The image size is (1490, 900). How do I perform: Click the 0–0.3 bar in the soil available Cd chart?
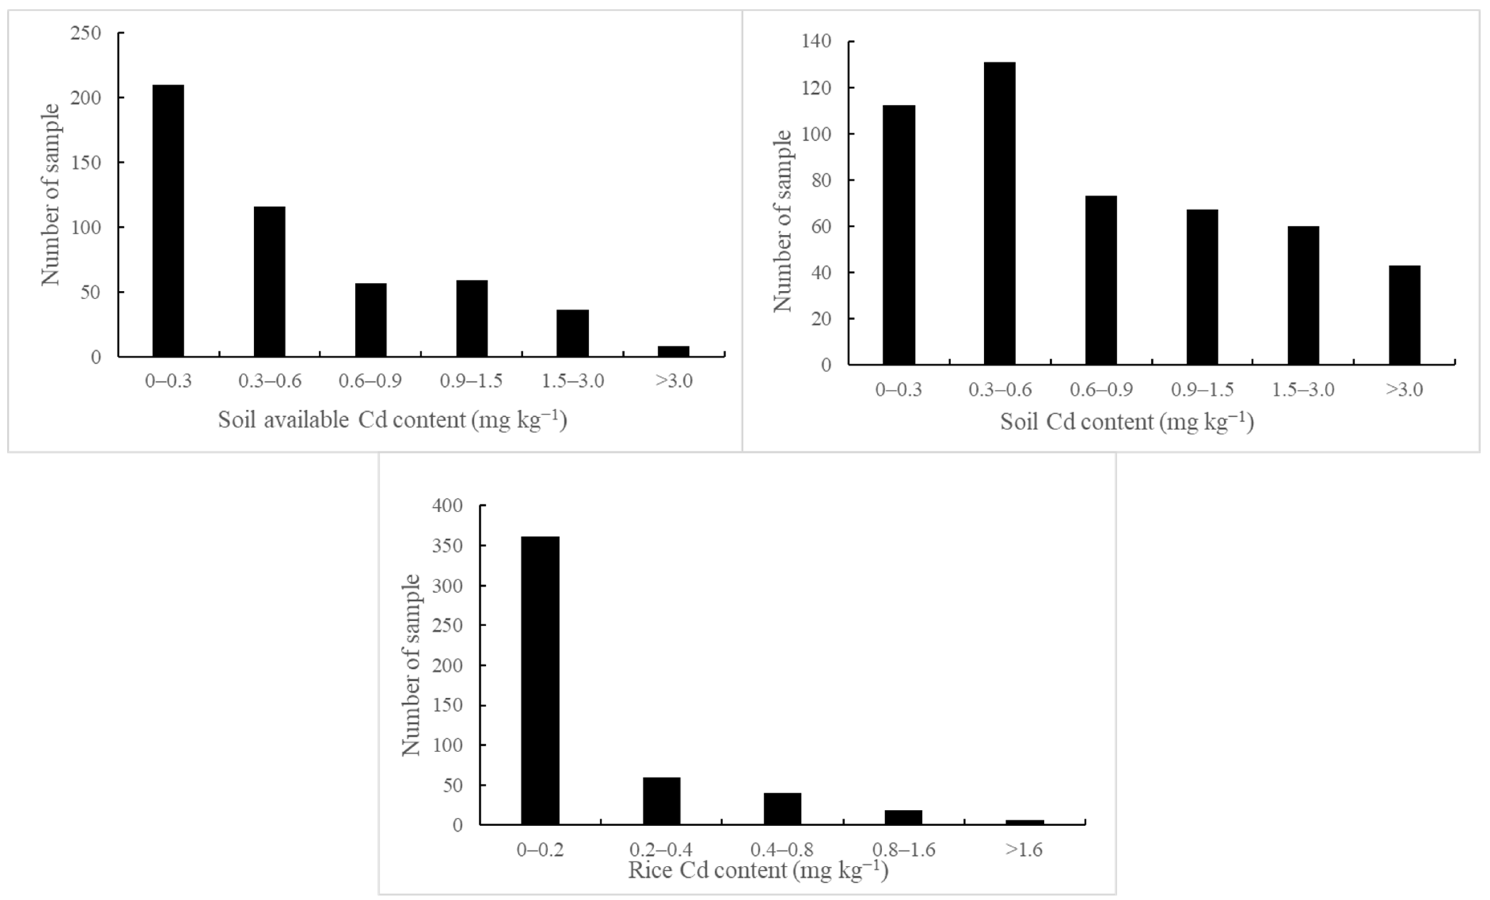168,221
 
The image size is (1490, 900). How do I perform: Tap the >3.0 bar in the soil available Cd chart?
673,351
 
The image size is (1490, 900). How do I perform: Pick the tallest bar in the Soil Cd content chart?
1000,213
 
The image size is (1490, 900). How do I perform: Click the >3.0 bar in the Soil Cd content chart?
1404,315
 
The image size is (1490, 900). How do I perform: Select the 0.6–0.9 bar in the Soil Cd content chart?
1101,280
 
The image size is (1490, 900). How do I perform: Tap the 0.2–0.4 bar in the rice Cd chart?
661,800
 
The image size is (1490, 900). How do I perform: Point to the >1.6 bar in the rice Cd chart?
1024,822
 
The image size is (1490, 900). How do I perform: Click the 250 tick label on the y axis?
85,33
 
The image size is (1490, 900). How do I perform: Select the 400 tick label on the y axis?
447,505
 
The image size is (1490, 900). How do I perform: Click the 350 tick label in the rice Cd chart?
447,546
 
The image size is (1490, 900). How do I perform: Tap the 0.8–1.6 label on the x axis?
903,850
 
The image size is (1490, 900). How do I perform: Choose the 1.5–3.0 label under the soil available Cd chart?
573,381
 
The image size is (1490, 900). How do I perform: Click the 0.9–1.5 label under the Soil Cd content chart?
1202,389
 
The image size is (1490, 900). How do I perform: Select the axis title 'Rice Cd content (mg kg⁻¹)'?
758,870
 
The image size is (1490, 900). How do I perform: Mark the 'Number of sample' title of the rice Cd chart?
411,665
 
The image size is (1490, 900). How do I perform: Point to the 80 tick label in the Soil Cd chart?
821,180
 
